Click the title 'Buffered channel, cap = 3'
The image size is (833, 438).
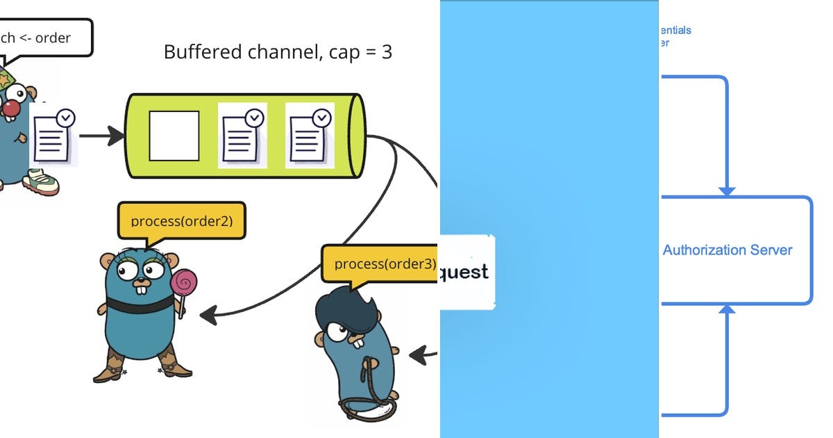[278, 52]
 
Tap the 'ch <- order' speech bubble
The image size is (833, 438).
[44, 38]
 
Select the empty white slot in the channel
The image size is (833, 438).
[174, 136]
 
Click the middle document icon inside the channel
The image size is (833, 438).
[242, 136]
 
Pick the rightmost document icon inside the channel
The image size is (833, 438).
[310, 136]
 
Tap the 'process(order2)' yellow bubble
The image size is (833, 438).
[182, 221]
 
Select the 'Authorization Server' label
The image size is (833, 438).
[727, 250]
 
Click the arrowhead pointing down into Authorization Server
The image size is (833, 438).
[727, 190]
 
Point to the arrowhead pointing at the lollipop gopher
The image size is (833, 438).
[208, 316]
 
